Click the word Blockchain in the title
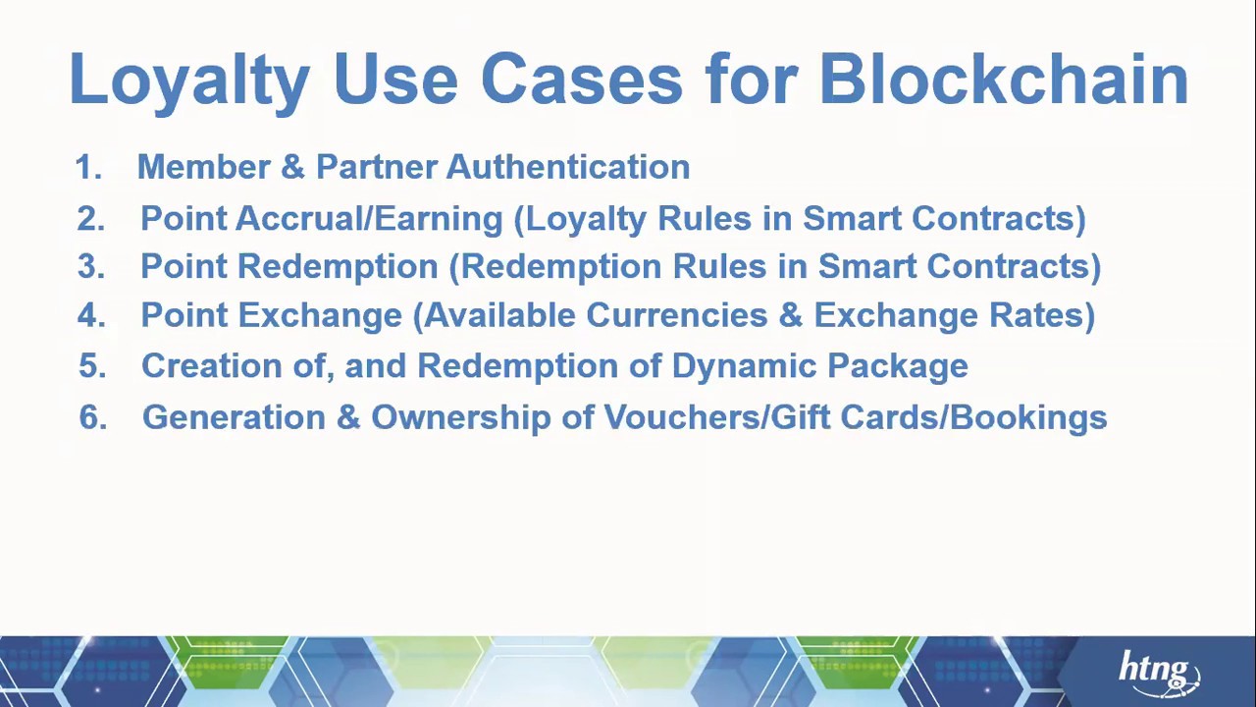[x=1003, y=79]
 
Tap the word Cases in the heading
[x=581, y=79]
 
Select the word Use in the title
[x=394, y=79]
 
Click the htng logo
[x=1158, y=672]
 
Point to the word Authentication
[x=568, y=167]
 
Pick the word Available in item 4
[x=499, y=315]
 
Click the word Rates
[x=1041, y=315]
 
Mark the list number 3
[x=90, y=267]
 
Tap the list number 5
[x=91, y=366]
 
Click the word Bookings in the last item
[x=1027, y=417]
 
